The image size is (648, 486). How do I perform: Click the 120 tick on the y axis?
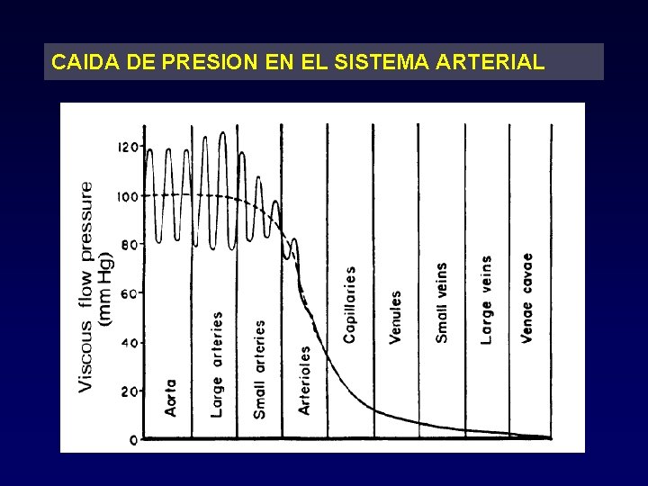130,147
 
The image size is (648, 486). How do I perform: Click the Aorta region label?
171,397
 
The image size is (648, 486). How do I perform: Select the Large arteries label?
217,364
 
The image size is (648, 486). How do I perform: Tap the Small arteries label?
260,369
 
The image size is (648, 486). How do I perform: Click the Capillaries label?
349,303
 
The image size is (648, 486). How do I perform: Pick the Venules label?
395,316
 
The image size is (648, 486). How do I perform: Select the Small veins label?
441,302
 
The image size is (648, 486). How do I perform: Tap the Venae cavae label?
527,298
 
